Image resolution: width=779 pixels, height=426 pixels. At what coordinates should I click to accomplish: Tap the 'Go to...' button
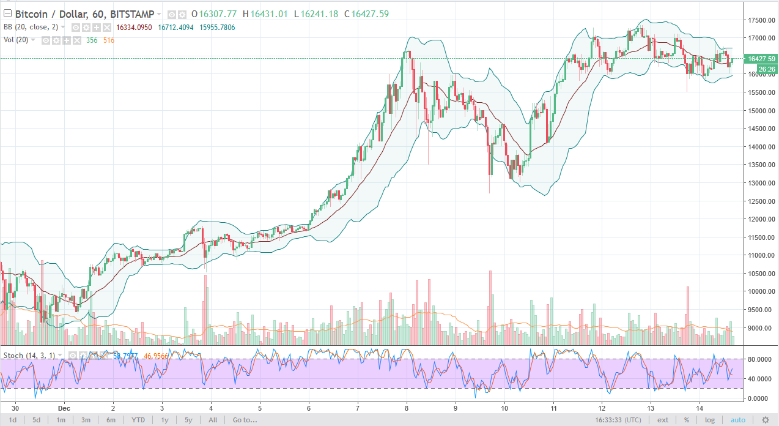click(x=245, y=420)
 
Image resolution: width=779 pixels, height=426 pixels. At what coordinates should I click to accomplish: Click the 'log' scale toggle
click(x=709, y=420)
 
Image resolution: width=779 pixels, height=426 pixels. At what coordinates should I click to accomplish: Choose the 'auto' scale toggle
click(x=738, y=420)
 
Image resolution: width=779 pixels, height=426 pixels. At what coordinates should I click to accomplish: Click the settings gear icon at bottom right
click(x=765, y=420)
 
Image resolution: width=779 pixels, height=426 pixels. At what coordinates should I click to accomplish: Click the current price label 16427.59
click(x=761, y=59)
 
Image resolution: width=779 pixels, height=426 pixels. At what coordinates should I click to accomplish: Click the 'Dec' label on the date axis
click(x=65, y=407)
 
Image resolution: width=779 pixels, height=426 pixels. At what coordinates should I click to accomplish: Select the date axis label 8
click(x=407, y=407)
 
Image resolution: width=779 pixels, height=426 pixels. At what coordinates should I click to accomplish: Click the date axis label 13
click(x=651, y=407)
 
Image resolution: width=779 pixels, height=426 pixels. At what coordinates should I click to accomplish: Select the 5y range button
click(x=188, y=420)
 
